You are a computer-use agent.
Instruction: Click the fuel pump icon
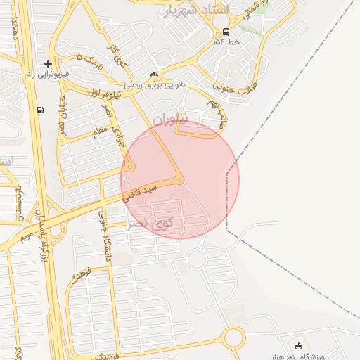pos(39,110)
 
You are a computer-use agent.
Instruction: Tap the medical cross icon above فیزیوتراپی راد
pos(48,63)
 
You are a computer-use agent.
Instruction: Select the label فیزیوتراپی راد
pos(49,74)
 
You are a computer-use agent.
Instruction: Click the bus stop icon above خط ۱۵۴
pos(225,32)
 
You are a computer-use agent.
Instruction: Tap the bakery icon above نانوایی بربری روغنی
pos(154,75)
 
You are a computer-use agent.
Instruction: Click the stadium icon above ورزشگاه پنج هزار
pos(299,346)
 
